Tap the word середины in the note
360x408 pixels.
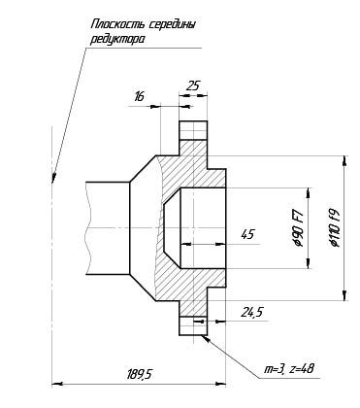[172, 25]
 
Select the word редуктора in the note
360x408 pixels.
[117, 40]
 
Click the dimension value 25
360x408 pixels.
[192, 85]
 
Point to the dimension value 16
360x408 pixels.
[139, 96]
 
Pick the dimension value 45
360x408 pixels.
[248, 234]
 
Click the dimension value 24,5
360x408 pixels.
[252, 312]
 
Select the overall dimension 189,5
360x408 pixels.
[139, 374]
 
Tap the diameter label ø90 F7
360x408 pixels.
[299, 228]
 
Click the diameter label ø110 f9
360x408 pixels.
[335, 227]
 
